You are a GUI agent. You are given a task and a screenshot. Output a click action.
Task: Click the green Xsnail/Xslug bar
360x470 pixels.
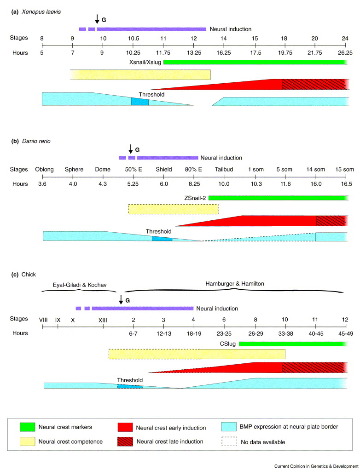click(255, 62)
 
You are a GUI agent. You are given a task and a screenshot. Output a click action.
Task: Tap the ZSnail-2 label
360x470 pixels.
click(194, 198)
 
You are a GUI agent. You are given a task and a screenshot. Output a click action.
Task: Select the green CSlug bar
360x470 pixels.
click(293, 343)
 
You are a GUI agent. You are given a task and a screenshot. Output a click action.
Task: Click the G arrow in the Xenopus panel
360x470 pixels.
click(97, 19)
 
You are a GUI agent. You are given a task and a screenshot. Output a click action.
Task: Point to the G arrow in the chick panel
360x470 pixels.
click(121, 299)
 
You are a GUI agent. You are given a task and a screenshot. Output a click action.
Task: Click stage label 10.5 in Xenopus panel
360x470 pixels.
click(133, 38)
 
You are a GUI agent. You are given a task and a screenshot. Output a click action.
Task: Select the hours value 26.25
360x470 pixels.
click(346, 53)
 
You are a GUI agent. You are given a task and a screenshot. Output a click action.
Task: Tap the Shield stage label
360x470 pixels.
click(164, 169)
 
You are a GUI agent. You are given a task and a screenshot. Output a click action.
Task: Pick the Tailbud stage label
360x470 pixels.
click(224, 169)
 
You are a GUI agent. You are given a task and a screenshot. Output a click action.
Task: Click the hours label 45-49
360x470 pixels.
click(345, 333)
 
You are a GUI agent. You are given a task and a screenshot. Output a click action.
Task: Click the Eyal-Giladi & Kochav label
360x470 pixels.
click(81, 285)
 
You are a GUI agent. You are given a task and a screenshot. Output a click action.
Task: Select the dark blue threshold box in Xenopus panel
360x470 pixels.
click(140, 102)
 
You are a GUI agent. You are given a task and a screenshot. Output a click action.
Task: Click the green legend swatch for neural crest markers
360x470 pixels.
click(31, 427)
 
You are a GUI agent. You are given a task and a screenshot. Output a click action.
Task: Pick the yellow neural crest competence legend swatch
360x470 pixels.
click(31, 442)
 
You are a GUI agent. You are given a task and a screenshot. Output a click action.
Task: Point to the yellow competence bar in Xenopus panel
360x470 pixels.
click(140, 74)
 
